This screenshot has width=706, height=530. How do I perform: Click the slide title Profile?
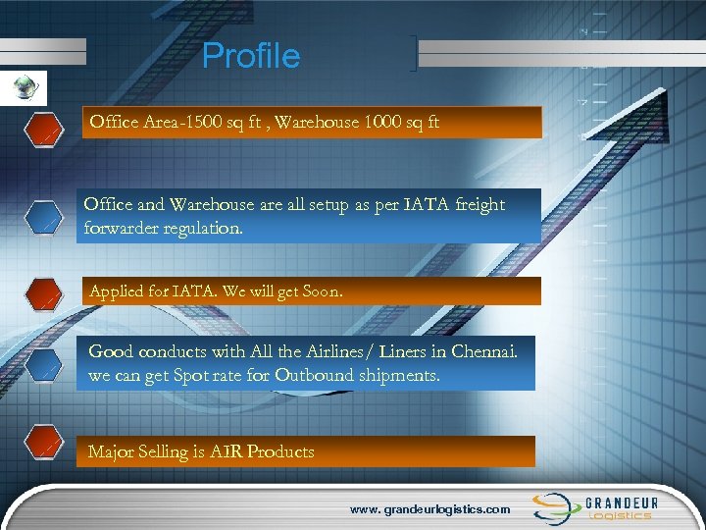click(251, 56)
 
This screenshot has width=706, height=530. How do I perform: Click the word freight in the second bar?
click(473, 204)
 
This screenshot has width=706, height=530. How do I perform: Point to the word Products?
click(280, 451)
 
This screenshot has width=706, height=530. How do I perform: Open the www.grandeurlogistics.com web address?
click(430, 509)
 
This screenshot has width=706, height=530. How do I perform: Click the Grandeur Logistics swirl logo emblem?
click(554, 507)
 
